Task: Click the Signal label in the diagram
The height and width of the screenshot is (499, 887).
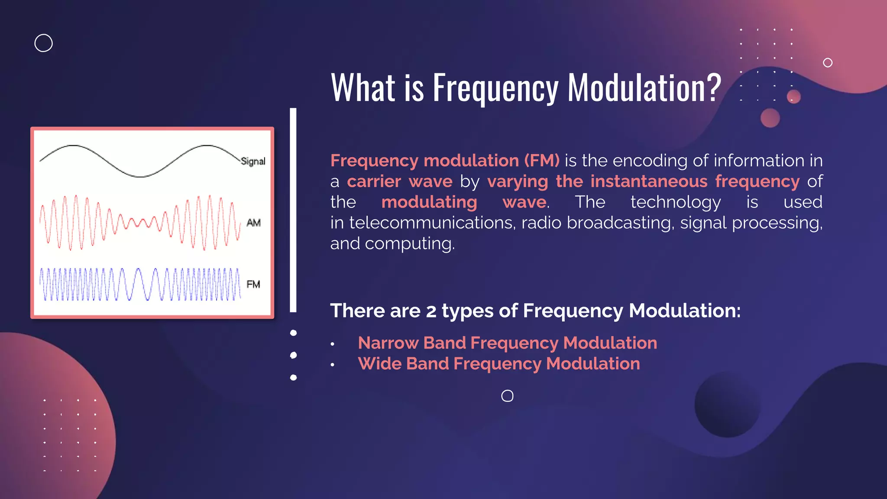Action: [x=253, y=161]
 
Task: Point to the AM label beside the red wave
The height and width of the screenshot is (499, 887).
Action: [x=253, y=223]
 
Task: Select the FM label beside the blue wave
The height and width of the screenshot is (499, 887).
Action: [x=253, y=284]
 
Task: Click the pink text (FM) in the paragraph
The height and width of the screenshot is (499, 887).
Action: [x=541, y=161]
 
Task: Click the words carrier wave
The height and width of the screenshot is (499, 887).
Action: [x=399, y=181]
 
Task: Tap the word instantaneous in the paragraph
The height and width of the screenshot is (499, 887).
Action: [x=649, y=181]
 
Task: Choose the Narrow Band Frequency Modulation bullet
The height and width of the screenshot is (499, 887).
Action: [x=507, y=343]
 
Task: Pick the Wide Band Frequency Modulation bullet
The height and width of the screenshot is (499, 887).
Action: [x=499, y=363]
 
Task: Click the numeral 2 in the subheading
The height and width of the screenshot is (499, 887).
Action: [x=431, y=311]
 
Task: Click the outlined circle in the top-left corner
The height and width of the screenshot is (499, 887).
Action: [x=43, y=43]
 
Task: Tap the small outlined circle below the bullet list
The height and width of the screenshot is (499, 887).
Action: [x=507, y=395]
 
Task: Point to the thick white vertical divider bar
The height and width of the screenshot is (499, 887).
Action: [x=293, y=210]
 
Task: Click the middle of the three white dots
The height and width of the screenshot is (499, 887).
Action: [x=293, y=355]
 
